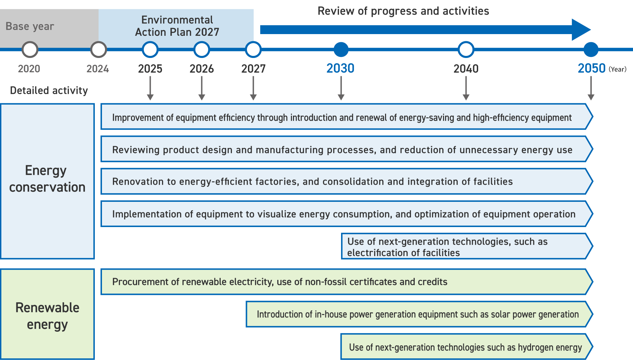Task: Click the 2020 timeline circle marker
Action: pos(30,49)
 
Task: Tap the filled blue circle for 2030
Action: pos(341,49)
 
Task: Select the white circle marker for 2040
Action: pos(466,49)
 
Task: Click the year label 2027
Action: pos(253,69)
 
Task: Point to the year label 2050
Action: pos(591,69)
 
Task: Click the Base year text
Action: pos(30,26)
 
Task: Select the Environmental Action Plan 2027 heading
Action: pos(177,26)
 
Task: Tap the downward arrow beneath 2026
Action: pos(202,88)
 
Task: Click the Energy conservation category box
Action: pos(47,181)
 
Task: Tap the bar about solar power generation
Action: pos(417,314)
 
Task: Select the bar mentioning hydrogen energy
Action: pos(465,347)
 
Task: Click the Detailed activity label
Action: pos(49,90)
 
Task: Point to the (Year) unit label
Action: pos(618,69)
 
